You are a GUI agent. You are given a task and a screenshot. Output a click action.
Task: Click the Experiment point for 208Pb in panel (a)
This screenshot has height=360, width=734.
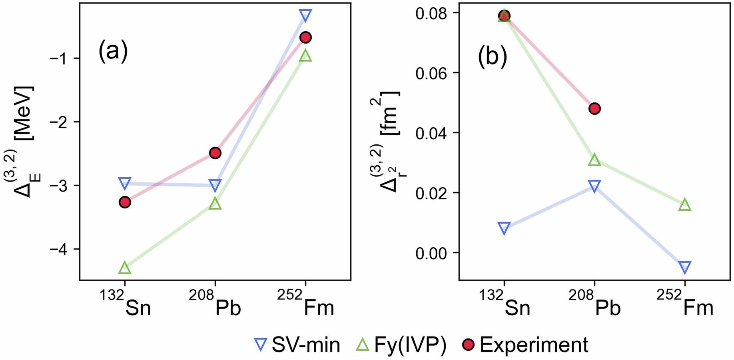coord(215,153)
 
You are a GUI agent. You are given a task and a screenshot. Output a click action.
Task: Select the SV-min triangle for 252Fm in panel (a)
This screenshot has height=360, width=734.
coord(305,15)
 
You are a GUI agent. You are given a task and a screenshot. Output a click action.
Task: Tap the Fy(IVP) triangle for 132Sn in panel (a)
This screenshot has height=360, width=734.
coord(125,268)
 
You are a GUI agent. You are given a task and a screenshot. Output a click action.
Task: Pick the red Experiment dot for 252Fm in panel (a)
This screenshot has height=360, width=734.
coord(305,38)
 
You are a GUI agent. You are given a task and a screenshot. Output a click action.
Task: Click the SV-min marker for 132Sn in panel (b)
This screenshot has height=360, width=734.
coord(504,228)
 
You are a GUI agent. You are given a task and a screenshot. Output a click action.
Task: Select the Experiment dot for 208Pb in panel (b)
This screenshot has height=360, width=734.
coord(594,108)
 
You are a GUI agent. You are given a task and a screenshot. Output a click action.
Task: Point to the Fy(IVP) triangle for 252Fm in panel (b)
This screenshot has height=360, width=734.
coord(685,205)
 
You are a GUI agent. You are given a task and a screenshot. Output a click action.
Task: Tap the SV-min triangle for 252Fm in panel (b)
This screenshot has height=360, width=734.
coord(685,267)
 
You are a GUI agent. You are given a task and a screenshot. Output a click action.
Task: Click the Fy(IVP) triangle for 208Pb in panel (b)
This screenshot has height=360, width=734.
coord(594,160)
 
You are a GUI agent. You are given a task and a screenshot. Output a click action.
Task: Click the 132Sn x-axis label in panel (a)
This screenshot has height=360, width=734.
coord(126,304)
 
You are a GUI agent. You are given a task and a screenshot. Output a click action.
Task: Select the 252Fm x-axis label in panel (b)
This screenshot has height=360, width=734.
coord(685,304)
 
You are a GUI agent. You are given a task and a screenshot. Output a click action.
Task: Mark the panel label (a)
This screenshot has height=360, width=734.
coord(113,52)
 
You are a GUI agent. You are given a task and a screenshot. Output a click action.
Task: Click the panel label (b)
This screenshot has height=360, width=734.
coord(493,56)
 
